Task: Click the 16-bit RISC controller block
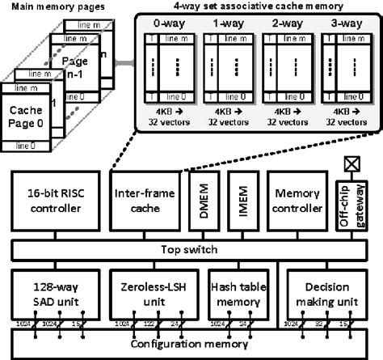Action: pyautogui.click(x=55, y=203)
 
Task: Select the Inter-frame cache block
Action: pyautogui.click(x=143, y=203)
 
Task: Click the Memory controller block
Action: pyautogui.click(x=297, y=203)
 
